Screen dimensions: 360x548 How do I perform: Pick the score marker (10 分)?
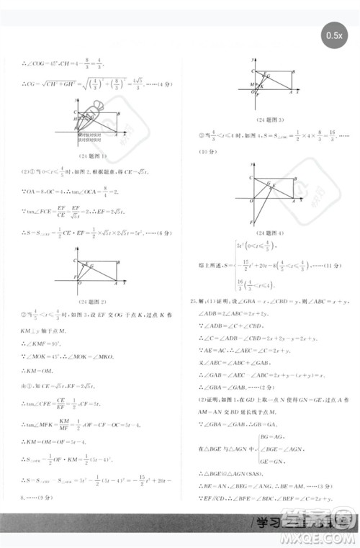tap(198, 152)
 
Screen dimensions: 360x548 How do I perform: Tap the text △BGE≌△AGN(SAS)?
tap(227, 455)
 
